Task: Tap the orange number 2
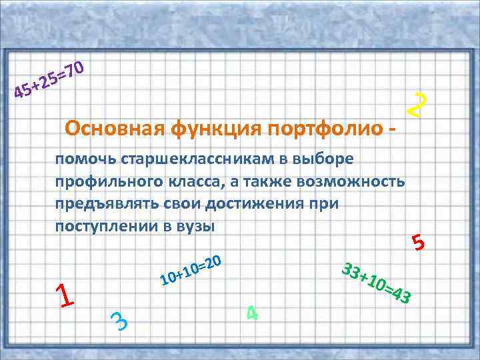coord(417,105)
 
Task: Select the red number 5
coord(419,243)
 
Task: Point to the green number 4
coord(252,311)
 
